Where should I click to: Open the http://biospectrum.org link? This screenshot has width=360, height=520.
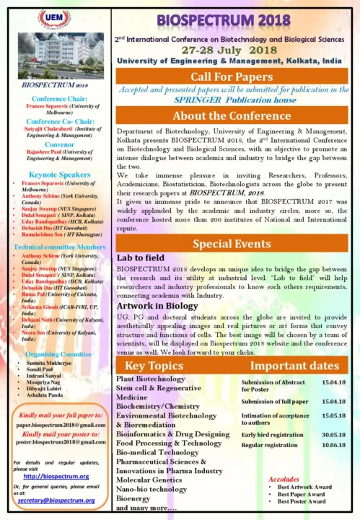[x=56, y=477]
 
